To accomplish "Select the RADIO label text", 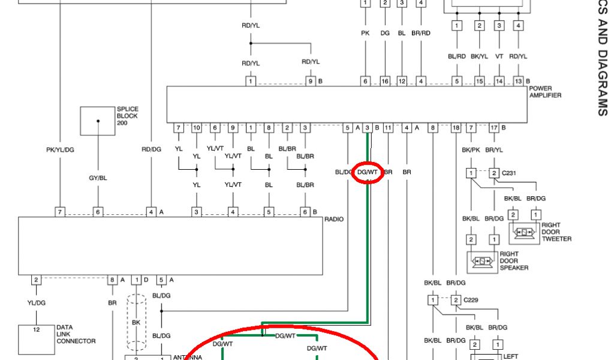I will tap(334, 219).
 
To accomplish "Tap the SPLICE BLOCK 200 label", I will tap(127, 116).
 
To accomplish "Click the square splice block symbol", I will tap(98, 121).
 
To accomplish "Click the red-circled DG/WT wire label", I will tap(368, 172).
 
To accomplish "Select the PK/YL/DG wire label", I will tap(60, 149).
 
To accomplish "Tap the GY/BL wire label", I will tap(98, 178).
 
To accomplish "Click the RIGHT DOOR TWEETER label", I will tap(556, 232).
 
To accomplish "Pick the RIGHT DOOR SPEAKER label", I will tap(514, 261).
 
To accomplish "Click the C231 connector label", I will tap(508, 173).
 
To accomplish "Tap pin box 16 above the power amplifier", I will tap(384, 81).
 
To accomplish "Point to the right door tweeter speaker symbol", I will tap(524, 232).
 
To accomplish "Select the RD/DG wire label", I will tap(151, 149).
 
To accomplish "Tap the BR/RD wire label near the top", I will tap(422, 33).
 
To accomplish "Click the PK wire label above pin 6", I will tap(365, 33).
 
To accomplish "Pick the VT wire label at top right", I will tap(499, 56).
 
